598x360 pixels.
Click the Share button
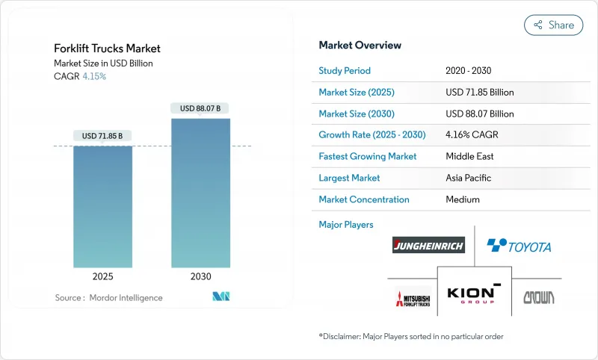pyautogui.click(x=553, y=25)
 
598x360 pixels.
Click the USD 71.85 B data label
pyautogui.click(x=102, y=136)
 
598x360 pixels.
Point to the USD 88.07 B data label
pyautogui.click(x=201, y=108)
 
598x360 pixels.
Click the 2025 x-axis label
pyautogui.click(x=102, y=276)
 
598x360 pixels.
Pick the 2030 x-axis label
pyautogui.click(x=201, y=276)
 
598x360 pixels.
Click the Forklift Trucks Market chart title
pyautogui.click(x=107, y=49)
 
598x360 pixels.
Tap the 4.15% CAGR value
pyautogui.click(x=93, y=76)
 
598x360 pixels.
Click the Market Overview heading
pyautogui.click(x=360, y=46)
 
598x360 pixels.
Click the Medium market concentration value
pyautogui.click(x=463, y=199)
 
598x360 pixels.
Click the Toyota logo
pyautogui.click(x=519, y=245)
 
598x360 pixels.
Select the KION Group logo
pyautogui.click(x=474, y=293)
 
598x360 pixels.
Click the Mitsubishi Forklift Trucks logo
pyautogui.click(x=413, y=297)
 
